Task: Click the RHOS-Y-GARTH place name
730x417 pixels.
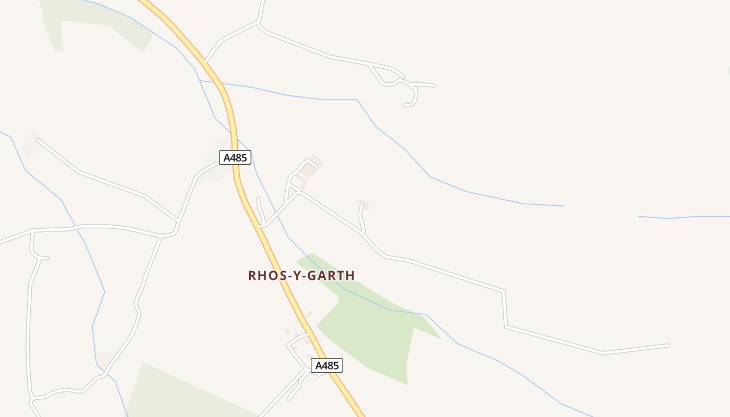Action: click(301, 275)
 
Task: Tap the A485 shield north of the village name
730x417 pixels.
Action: click(235, 157)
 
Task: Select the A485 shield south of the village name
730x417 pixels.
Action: click(327, 365)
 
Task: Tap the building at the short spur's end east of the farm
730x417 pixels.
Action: click(366, 205)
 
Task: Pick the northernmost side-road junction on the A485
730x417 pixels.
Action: click(206, 62)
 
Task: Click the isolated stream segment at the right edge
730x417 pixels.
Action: click(683, 217)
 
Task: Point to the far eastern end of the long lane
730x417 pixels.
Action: click(668, 345)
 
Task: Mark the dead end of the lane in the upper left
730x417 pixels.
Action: click(38, 140)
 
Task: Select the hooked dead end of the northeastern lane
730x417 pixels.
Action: click(405, 106)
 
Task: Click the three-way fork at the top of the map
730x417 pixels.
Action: click(259, 22)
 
